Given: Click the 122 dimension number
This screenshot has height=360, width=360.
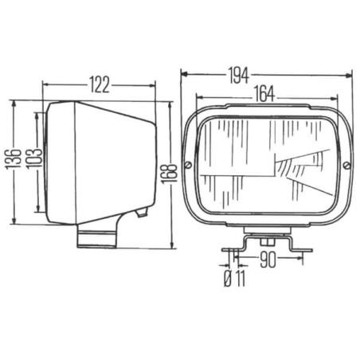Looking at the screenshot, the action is (x=100, y=85).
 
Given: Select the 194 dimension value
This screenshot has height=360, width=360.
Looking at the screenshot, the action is (x=238, y=76).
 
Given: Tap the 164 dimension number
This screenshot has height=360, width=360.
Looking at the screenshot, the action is (x=264, y=94).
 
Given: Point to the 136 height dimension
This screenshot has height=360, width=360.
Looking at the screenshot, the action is (x=14, y=159).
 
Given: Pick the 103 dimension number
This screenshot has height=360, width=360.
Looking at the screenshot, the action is (x=33, y=158).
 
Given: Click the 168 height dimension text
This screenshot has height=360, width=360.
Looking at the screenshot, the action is (x=169, y=173).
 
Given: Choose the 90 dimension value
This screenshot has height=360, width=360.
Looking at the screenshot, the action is (x=268, y=260).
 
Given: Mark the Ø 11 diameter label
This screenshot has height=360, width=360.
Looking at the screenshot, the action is (x=235, y=279).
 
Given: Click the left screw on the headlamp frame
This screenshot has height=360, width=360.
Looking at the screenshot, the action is (x=188, y=165).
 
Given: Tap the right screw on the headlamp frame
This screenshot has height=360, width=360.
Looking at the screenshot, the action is (x=346, y=166).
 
